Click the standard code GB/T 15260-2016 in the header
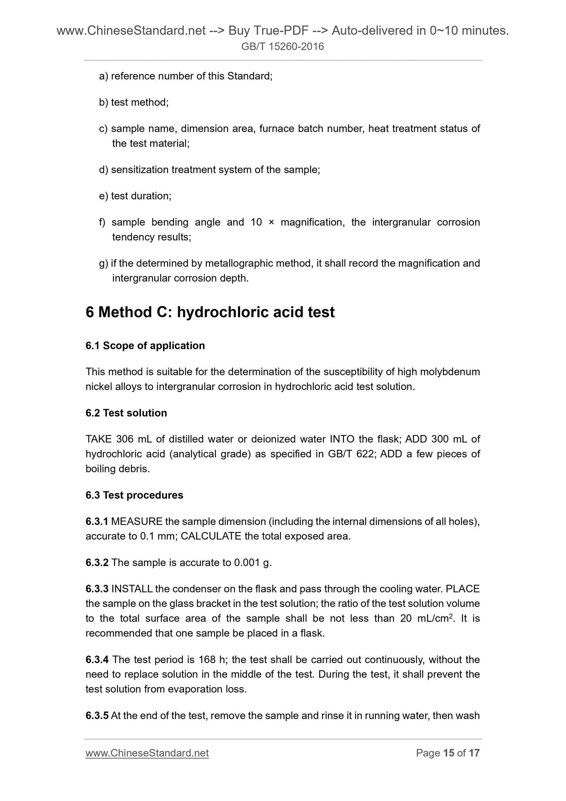[x=282, y=47]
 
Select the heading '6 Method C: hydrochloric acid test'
[x=210, y=312]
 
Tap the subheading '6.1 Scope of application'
[x=145, y=346]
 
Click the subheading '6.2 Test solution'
[x=126, y=413]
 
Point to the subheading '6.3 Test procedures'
[x=134, y=495]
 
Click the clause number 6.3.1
[x=97, y=522]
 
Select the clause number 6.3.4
[x=97, y=660]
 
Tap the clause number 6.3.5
[x=97, y=716]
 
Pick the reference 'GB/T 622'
[x=350, y=454]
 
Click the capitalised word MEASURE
[x=137, y=522]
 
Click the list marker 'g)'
[x=103, y=263]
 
